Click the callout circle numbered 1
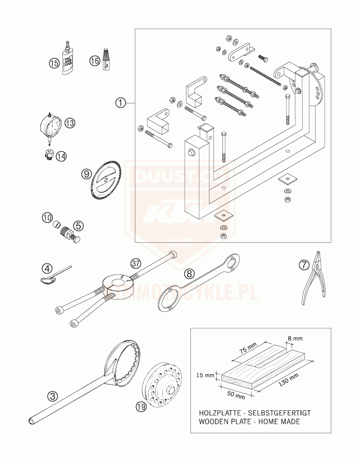tap(120, 103)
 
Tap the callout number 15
tap(54, 64)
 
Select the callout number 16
tap(94, 61)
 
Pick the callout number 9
tap(86, 174)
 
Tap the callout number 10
tap(48, 218)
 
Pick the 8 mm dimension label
tap(294, 338)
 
